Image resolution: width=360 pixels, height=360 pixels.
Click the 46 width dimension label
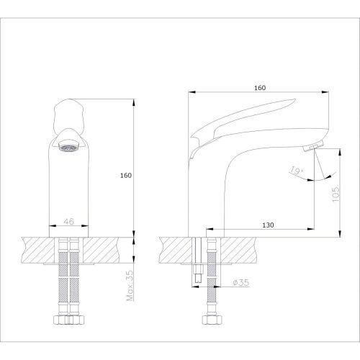point(69,222)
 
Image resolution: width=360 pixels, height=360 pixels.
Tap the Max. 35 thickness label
point(130,286)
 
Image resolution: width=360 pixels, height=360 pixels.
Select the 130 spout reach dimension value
point(268,225)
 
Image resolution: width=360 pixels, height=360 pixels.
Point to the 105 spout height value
point(336,194)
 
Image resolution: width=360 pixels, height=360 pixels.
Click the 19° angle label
point(297,171)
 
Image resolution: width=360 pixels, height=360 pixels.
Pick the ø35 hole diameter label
point(241,282)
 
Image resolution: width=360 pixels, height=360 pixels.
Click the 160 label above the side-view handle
point(260,88)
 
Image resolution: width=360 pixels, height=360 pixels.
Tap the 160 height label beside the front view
point(126,176)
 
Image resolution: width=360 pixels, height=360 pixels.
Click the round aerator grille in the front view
point(69,148)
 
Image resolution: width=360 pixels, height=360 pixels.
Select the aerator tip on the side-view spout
point(313,146)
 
